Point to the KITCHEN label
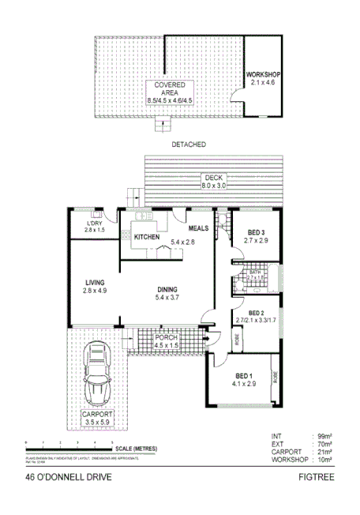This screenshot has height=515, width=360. coord(147,237)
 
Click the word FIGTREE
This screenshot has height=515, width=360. coord(313,477)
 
